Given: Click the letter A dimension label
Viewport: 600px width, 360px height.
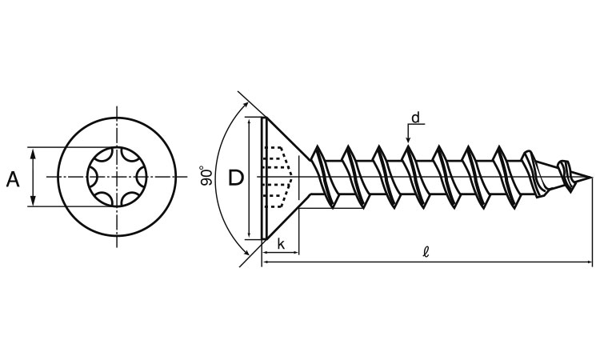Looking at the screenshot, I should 13,178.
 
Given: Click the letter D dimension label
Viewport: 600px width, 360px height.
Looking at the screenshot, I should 235,178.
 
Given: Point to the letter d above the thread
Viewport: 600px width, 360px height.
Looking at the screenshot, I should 415,118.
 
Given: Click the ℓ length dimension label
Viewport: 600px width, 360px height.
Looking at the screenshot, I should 426,251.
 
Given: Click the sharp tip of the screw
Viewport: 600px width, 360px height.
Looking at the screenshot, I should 592,177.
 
